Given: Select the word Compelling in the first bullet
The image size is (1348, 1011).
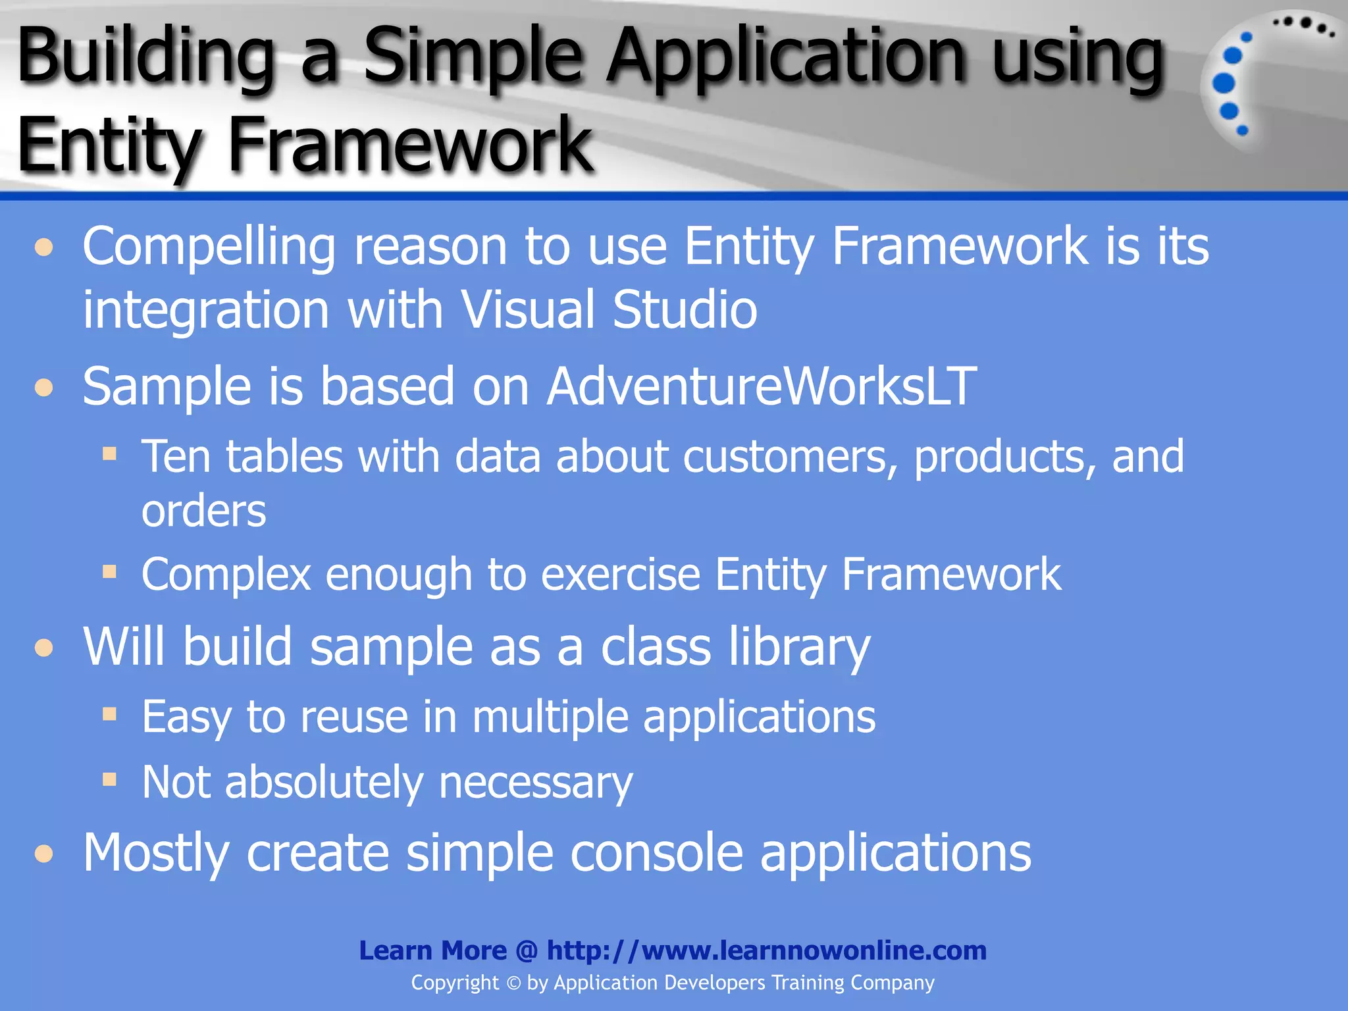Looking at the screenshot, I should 209,247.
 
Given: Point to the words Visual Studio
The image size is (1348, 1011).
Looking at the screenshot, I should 608,309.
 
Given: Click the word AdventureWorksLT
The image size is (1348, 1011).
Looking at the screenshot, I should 762,386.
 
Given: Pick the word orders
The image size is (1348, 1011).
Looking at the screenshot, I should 203,511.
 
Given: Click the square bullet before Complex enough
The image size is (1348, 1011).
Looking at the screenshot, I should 109,571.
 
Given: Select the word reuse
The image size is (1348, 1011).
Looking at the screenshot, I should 353,717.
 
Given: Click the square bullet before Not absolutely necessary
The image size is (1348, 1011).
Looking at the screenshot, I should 109,780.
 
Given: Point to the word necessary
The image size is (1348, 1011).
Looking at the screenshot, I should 535,783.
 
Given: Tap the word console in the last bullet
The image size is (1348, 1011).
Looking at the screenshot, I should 656,853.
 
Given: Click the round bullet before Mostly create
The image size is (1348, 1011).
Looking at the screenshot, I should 44,854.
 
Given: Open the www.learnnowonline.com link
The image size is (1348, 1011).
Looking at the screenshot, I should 766,950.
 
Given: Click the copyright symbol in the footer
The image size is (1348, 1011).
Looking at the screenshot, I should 513,983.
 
